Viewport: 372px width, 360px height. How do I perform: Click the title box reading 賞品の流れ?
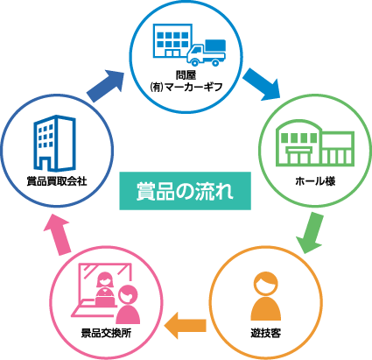tap(185, 191)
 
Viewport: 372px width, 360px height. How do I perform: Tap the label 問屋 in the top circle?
tap(186, 75)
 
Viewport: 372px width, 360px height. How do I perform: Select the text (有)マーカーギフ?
tap(186, 87)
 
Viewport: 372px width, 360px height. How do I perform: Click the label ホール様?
tap(315, 181)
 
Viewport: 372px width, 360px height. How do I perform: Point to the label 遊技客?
tap(265, 333)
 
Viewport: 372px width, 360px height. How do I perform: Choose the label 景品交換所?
tap(106, 333)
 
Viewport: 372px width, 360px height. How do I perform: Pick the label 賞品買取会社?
tap(57, 181)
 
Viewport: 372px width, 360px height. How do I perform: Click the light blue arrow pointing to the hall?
tap(261, 85)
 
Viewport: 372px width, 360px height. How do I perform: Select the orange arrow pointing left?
tap(186, 325)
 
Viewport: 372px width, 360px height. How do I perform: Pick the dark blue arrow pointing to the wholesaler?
tap(106, 86)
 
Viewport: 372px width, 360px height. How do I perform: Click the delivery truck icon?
tap(207, 53)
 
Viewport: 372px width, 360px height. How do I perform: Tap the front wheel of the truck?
tap(194, 61)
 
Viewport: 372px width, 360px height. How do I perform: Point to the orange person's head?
tap(265, 283)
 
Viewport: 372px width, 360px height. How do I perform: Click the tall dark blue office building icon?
tap(54, 143)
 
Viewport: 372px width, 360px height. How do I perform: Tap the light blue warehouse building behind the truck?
tap(172, 41)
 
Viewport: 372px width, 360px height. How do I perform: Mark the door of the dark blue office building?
tap(45, 164)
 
